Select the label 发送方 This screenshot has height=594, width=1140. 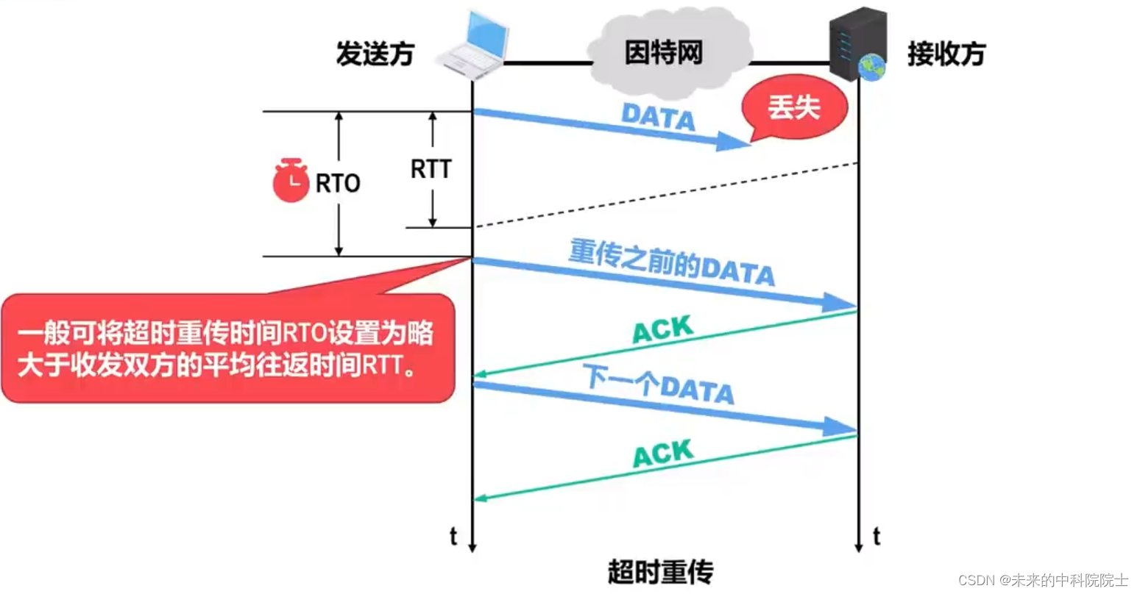tap(375, 54)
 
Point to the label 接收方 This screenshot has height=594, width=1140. tap(946, 54)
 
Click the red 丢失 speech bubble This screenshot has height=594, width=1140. tap(794, 108)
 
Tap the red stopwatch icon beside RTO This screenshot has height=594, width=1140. tap(291, 181)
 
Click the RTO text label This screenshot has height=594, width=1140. tap(338, 183)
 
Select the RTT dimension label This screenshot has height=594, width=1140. tap(431, 169)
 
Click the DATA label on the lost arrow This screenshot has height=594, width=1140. tap(658, 118)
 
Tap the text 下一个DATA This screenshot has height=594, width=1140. tap(659, 384)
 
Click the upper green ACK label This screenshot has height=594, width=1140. tap(662, 329)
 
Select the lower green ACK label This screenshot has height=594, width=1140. tap(662, 453)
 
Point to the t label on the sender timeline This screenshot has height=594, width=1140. tap(453, 537)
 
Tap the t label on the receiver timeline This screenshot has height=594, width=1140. tap(876, 537)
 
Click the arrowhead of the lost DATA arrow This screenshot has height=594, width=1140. tap(734, 142)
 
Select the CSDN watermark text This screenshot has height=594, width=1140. tap(1043, 580)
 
